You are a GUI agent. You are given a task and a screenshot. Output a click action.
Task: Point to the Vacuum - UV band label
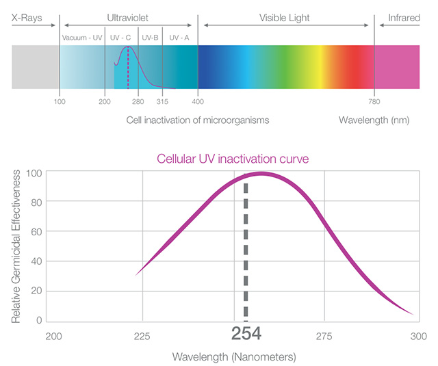(81, 38)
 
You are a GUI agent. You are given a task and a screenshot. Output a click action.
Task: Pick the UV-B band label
(150, 38)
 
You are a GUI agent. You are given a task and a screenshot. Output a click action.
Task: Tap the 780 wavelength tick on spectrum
(374, 102)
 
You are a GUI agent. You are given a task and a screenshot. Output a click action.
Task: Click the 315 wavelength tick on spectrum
(162, 102)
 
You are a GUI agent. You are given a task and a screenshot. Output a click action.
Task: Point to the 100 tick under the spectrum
(60, 102)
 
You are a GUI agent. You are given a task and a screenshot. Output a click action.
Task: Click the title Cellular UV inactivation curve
(233, 158)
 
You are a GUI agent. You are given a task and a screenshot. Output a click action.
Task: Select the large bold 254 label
(246, 335)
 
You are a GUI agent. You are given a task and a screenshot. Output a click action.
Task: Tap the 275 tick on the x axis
(324, 336)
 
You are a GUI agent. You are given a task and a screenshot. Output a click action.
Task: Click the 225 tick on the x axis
(142, 336)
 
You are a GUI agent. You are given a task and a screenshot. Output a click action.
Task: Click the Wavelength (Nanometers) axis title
(233, 356)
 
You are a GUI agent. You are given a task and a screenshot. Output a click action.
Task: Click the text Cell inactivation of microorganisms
(198, 120)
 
